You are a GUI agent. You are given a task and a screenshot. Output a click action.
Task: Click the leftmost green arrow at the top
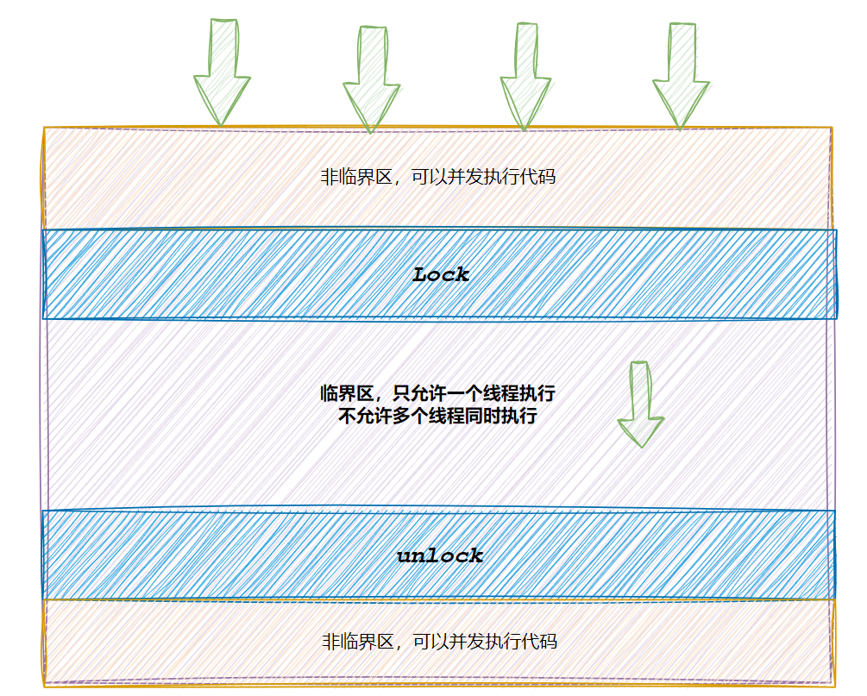(x=222, y=73)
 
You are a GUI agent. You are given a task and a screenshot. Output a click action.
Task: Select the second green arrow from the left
(x=371, y=79)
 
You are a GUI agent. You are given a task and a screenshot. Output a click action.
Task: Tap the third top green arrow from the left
(x=525, y=78)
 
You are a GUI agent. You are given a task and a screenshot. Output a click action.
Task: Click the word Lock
(x=441, y=275)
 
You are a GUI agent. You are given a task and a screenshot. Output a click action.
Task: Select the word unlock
(x=440, y=556)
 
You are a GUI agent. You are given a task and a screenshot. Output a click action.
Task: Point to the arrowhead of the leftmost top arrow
(x=222, y=99)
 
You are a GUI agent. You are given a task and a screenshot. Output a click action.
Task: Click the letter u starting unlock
(x=404, y=556)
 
